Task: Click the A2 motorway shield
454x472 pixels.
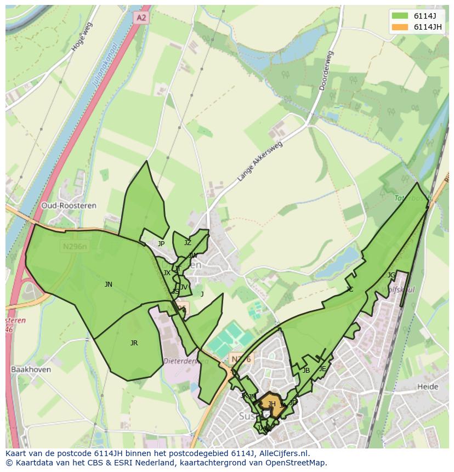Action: click(141, 18)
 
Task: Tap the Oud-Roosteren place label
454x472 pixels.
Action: click(69, 206)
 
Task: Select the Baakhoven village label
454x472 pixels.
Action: click(31, 369)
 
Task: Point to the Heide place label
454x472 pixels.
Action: click(428, 386)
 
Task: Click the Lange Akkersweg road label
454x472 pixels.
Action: click(260, 162)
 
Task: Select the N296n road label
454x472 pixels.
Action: click(75, 247)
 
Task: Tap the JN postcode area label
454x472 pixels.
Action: click(109, 285)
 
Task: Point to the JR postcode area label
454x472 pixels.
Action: click(134, 343)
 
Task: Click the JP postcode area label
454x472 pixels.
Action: click(161, 244)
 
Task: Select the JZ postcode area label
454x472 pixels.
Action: click(188, 243)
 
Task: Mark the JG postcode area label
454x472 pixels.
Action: click(391, 275)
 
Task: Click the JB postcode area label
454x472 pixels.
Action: click(306, 371)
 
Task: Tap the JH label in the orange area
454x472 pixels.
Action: click(271, 404)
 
